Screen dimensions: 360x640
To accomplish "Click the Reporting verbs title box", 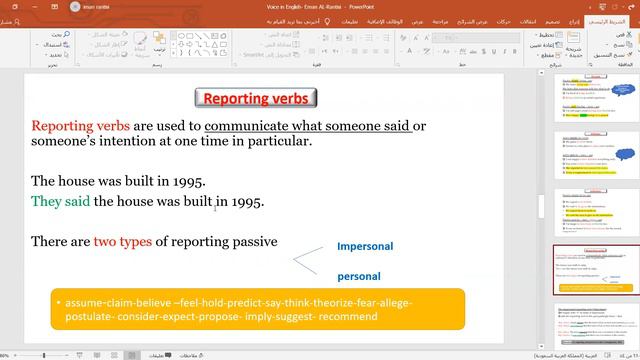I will point(255,98).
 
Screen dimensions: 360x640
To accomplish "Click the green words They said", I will point(60,202).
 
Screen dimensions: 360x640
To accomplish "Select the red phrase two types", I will point(123,242).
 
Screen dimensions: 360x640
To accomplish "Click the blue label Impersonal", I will point(365,246).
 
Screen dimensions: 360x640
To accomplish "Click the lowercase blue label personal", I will point(358,275).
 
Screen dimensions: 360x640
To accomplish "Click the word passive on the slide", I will point(254,242).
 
